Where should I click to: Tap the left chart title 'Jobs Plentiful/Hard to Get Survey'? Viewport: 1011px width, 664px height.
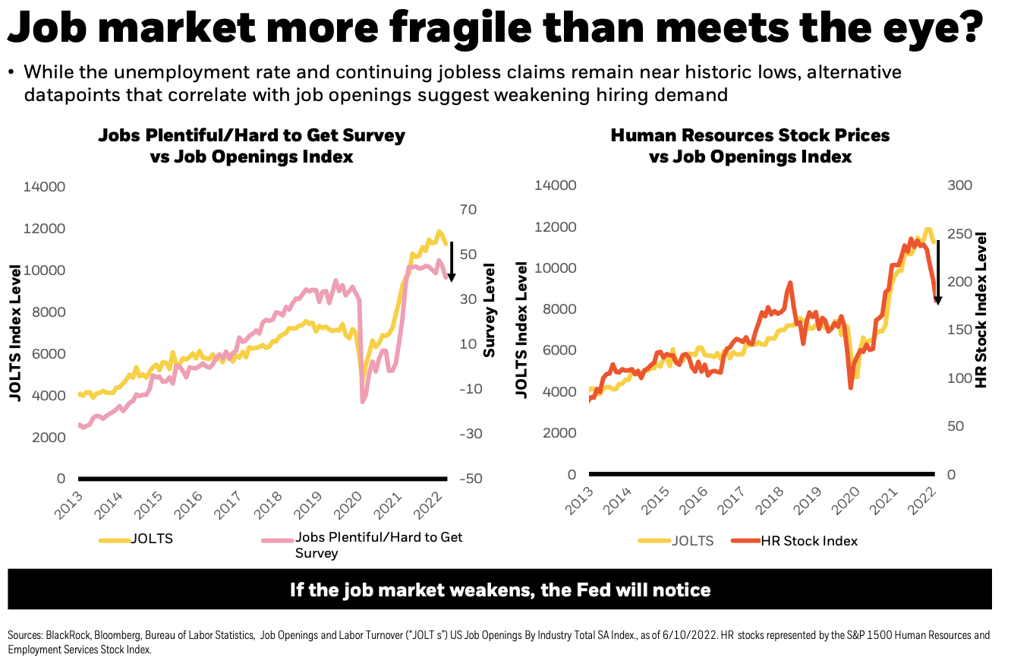tap(251, 136)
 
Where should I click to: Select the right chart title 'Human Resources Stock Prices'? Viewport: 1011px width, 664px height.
tap(750, 135)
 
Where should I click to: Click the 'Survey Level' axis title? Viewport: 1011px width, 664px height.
tap(490, 310)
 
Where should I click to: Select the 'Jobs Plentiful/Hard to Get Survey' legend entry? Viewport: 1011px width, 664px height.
tap(378, 545)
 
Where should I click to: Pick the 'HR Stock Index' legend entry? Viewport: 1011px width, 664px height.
tap(809, 541)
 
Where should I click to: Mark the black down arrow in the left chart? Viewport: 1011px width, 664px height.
tap(451, 261)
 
